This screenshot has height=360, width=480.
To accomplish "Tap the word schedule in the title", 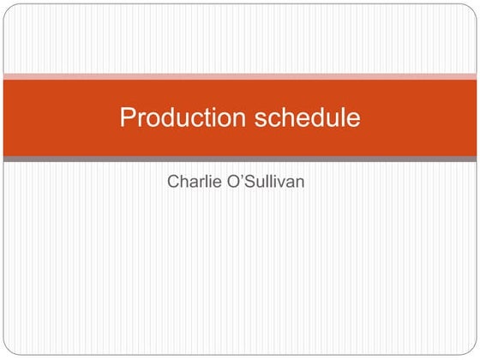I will click(308, 117).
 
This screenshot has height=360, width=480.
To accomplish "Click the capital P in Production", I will click(128, 117).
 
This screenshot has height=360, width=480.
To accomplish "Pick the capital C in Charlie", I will click(173, 182).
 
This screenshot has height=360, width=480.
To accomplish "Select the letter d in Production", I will click(172, 117).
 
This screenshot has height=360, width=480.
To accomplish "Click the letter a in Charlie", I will click(194, 183).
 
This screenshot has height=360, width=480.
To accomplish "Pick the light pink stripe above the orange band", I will click(240, 76).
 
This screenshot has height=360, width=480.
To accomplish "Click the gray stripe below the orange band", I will click(240, 159).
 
